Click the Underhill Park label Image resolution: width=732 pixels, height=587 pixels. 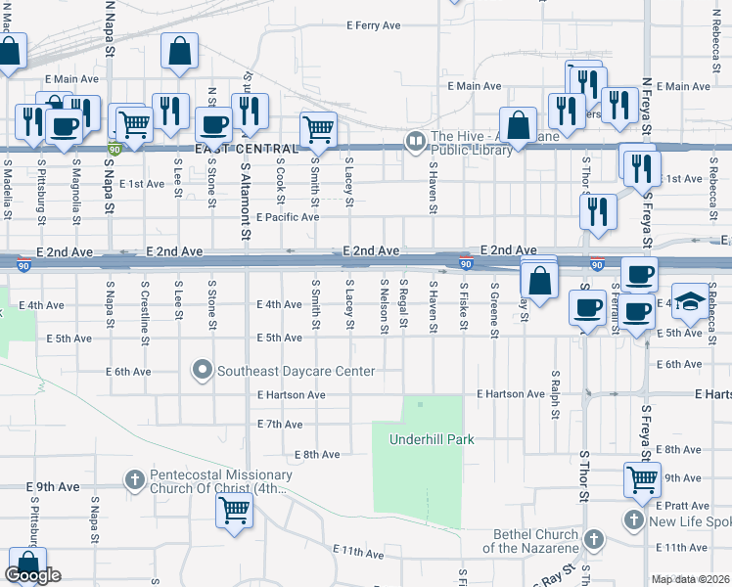(x=432, y=439)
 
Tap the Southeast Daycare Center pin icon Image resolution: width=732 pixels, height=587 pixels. (x=203, y=371)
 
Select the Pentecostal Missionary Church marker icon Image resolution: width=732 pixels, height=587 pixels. (x=135, y=479)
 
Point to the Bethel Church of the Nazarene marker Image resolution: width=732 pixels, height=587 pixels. (x=592, y=539)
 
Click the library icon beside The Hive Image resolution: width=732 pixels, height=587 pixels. (x=417, y=141)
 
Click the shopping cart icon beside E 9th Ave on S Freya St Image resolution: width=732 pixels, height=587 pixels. (x=642, y=480)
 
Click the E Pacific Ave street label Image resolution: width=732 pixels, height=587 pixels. (x=287, y=217)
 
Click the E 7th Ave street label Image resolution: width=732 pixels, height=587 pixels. (x=279, y=425)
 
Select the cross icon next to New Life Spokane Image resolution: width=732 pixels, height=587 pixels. (x=634, y=519)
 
